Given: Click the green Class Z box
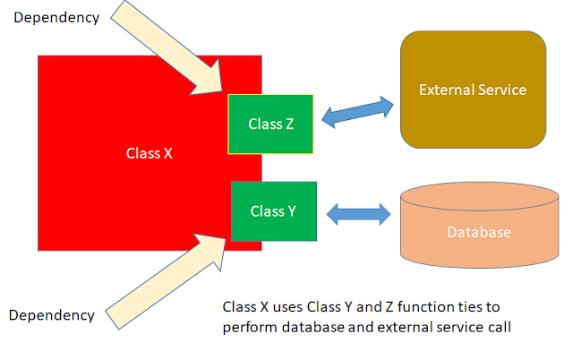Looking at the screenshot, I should coord(271,123).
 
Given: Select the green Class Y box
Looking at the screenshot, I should coord(273,210).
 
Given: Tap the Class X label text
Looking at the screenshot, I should coord(149,153).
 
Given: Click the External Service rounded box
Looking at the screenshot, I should coord(473,90).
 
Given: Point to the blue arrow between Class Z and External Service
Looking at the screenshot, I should coord(358,111).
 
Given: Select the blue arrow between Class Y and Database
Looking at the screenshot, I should coord(360,214).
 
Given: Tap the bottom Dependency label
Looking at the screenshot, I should coord(51,314).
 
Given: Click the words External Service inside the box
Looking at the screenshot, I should coord(473,90).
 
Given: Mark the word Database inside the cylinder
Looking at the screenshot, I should coord(479,233).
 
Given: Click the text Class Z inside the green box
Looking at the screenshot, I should coord(271,124).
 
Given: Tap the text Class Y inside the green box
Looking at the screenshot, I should coord(273,211).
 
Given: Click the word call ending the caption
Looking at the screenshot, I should coord(497,327).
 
